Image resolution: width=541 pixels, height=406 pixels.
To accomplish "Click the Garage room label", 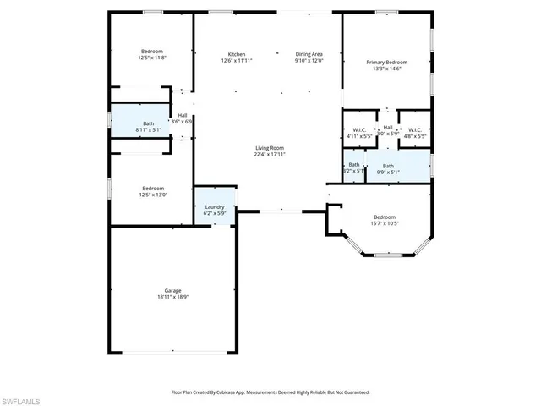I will pos(173,290).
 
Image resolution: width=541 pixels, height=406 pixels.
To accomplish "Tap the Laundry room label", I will pos(214,206).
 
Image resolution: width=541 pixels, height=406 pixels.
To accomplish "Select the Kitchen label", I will pos(237,52).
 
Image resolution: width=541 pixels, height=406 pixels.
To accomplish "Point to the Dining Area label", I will pos(309,52).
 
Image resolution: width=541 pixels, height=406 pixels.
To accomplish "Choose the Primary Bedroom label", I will pos(386,63).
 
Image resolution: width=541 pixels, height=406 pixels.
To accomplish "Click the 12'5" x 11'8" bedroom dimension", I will pos(153,58).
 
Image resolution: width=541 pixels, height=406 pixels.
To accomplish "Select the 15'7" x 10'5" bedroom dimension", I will pos(385,223).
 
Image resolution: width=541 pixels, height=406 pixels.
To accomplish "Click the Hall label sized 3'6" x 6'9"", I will pos(183,122).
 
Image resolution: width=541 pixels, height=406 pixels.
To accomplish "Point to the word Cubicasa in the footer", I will pos(239,392).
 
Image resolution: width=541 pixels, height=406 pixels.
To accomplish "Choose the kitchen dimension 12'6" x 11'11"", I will pos(237,60).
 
